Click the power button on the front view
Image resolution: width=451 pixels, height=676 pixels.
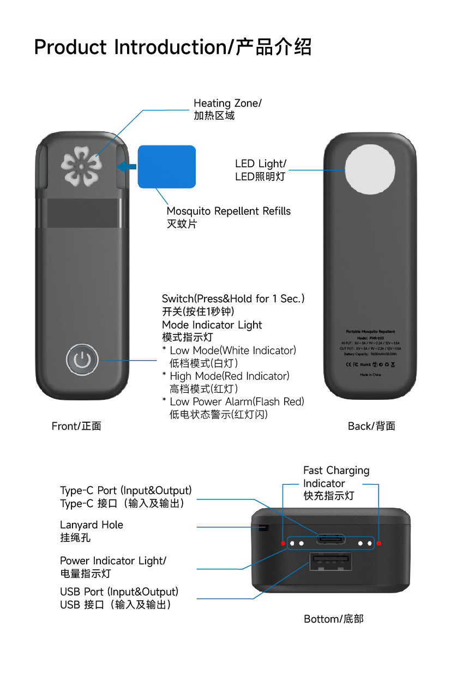(82, 360)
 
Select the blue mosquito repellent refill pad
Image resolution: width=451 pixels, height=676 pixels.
(166, 166)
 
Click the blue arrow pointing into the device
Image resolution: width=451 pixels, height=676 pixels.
(127, 167)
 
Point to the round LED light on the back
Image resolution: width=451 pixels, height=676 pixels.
(371, 170)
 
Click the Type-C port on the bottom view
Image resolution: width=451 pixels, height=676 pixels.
(330, 540)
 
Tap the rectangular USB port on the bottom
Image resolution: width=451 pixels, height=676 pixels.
(330, 561)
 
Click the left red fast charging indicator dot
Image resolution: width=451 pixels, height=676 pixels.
(282, 543)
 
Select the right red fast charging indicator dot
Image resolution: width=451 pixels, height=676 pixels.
(379, 543)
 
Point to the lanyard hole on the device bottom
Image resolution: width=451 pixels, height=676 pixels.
(264, 527)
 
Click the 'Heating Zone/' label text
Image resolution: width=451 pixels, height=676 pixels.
(227, 103)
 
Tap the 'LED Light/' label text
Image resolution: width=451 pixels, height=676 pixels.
(260, 163)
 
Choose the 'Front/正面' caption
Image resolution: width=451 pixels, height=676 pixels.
(76, 426)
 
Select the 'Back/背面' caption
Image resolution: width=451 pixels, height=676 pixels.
(371, 426)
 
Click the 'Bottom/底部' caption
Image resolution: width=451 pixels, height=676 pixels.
(333, 619)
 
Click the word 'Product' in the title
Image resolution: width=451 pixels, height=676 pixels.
(70, 47)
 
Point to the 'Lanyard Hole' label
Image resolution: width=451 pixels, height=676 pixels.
(92, 525)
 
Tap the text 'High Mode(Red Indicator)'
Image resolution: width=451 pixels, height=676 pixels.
(230, 376)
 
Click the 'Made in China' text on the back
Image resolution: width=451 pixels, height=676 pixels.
(370, 375)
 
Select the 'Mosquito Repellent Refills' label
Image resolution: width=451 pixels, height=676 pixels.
(228, 211)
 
